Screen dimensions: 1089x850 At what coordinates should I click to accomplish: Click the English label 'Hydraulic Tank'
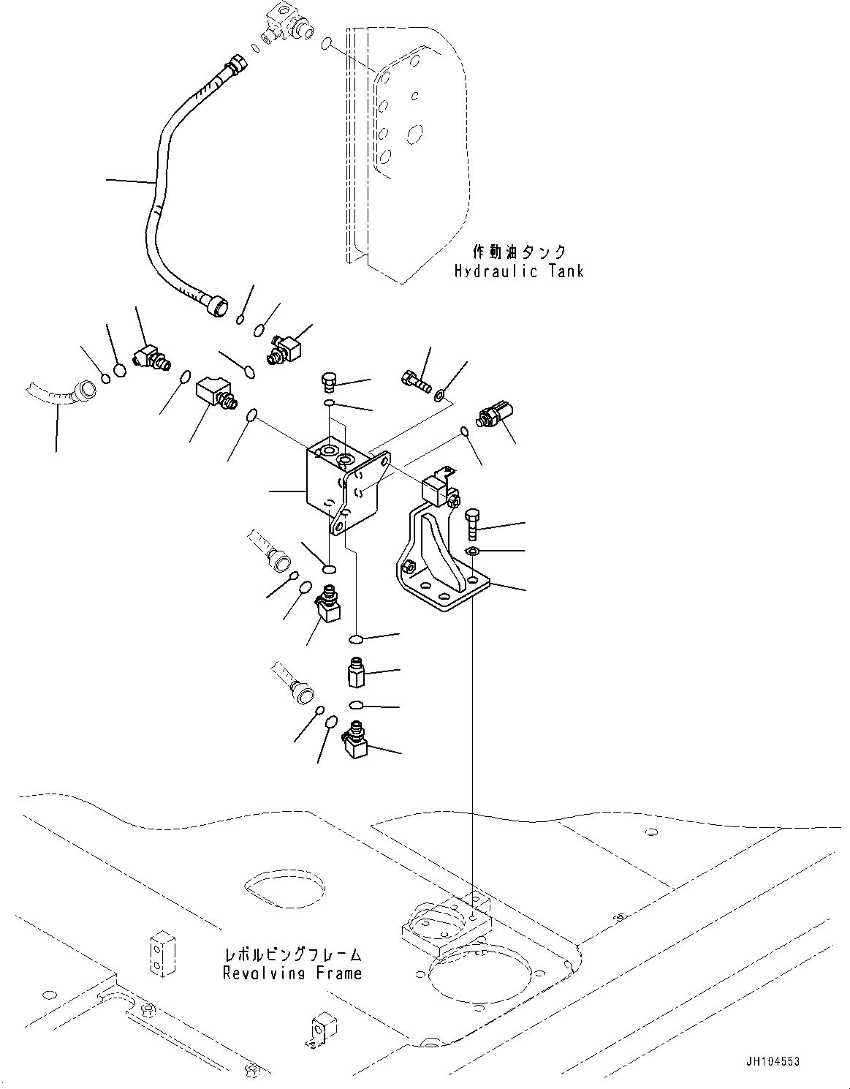518,271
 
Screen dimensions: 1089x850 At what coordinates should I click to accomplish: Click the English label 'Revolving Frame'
292,973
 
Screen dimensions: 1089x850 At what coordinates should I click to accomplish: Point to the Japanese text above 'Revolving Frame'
293,955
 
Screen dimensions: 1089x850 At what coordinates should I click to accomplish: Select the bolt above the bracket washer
471,524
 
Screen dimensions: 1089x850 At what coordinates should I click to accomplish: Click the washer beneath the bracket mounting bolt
472,550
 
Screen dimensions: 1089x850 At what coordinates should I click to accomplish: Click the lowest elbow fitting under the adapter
356,741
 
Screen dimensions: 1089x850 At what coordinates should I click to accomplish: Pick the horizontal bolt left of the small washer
414,380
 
